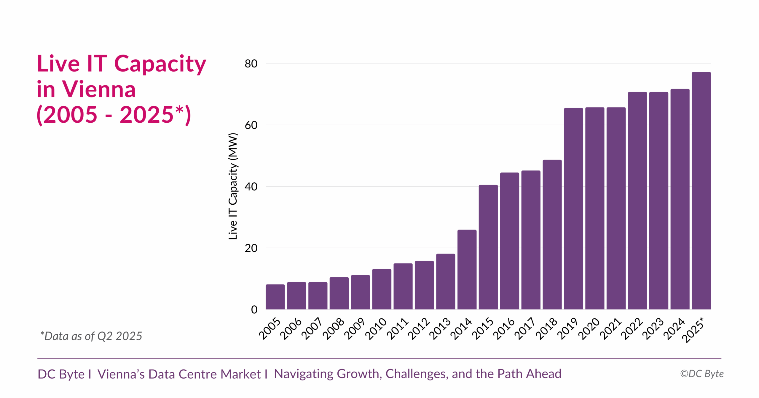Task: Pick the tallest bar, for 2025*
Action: tap(701, 190)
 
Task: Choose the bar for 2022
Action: tap(637, 200)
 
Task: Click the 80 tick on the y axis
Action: tap(251, 64)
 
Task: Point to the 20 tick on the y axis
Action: tap(251, 248)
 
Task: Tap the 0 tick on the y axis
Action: tap(254, 309)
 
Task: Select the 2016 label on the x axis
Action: tap(503, 328)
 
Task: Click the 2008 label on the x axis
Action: tap(333, 328)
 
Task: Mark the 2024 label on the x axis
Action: tap(674, 328)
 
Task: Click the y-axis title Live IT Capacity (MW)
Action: tap(233, 186)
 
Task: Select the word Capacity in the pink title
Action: tap(160, 64)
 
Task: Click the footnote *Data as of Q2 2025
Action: tap(91, 336)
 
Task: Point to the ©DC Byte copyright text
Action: tap(702, 374)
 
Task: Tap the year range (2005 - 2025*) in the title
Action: tap(114, 115)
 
